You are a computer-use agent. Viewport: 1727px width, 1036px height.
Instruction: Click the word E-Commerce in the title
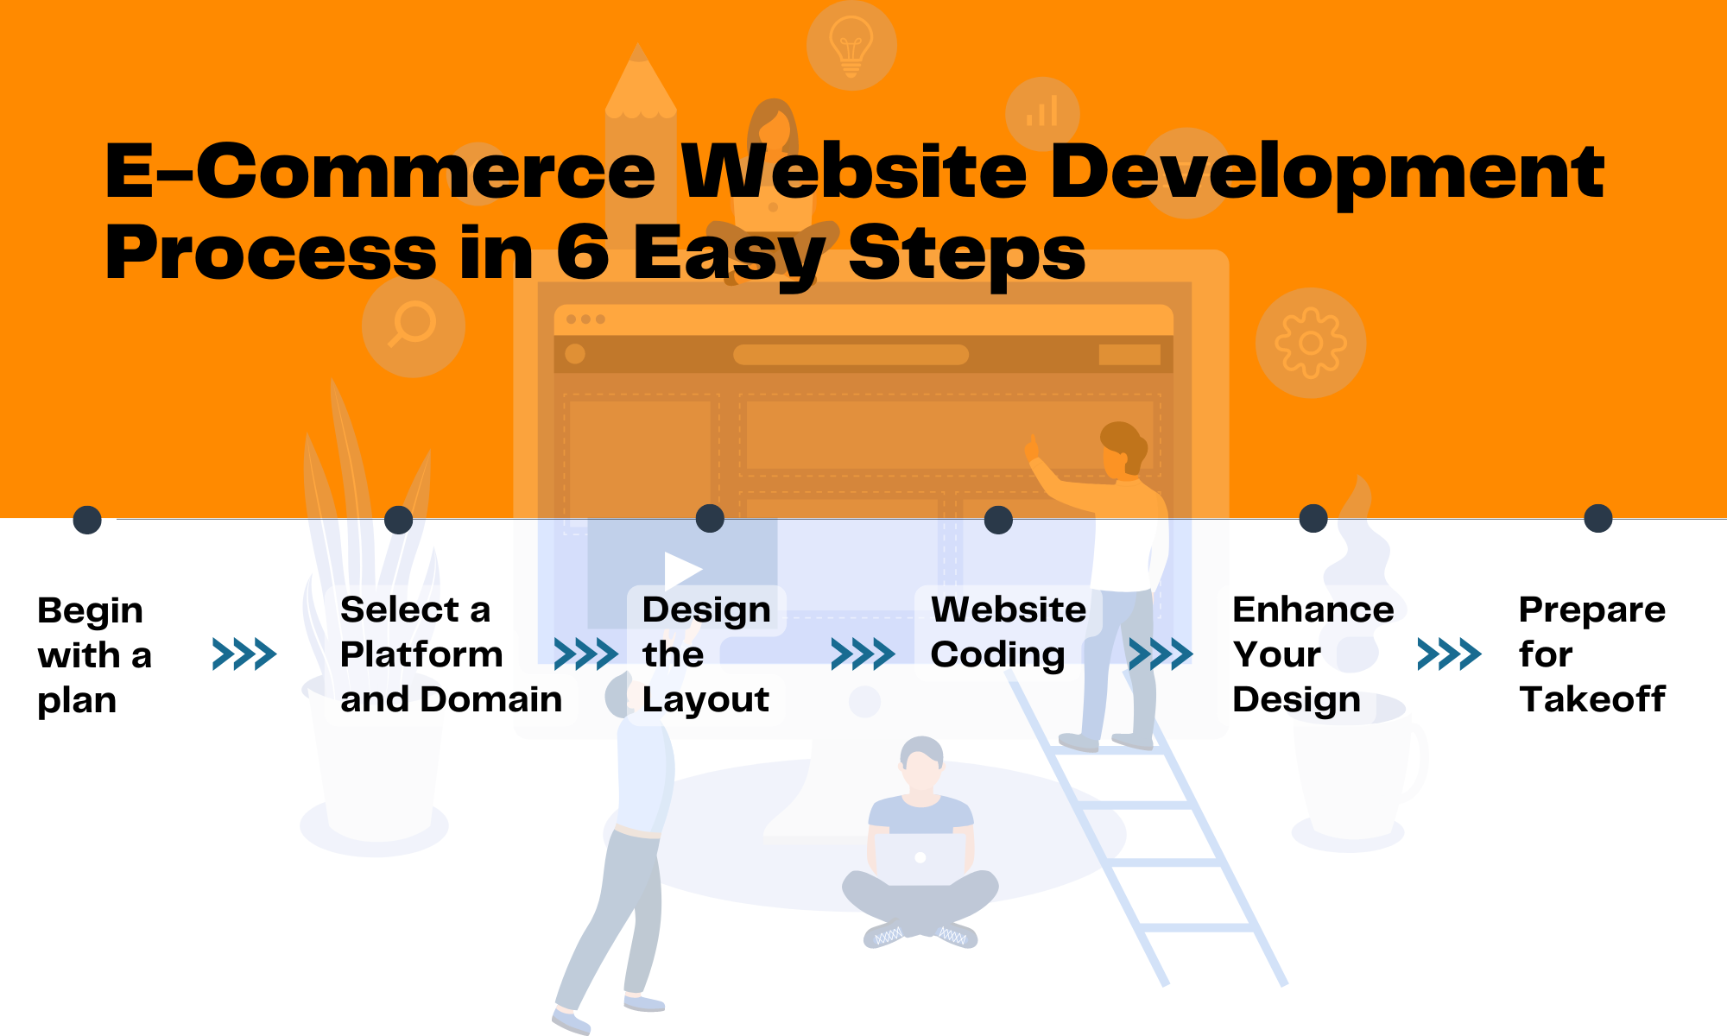[381, 171]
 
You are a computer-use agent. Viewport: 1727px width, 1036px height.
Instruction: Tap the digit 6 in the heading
[583, 252]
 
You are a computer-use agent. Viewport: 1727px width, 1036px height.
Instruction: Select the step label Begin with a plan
[94, 655]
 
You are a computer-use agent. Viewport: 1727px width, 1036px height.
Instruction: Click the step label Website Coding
[1008, 632]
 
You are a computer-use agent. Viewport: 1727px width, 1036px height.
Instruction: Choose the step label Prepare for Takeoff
[1592, 654]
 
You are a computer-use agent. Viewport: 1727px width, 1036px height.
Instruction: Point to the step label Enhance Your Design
[1313, 654]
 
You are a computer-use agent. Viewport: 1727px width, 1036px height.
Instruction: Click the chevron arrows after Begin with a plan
[244, 654]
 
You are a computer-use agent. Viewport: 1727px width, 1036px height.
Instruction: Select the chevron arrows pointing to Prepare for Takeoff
[1450, 654]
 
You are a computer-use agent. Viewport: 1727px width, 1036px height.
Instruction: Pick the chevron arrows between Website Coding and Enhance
[1161, 654]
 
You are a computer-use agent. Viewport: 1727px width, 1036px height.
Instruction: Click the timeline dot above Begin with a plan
[87, 520]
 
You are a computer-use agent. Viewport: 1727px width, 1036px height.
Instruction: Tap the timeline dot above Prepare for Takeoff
[1598, 518]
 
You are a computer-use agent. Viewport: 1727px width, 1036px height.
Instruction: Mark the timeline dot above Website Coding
[998, 520]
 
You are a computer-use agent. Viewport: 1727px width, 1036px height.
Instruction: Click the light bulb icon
[851, 45]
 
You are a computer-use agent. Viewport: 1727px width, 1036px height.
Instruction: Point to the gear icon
[1311, 343]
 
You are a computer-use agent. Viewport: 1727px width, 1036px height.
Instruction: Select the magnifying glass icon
[413, 325]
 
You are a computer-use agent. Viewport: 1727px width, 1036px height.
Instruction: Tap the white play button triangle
[682, 571]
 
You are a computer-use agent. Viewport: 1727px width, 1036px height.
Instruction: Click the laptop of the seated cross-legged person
[920, 858]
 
